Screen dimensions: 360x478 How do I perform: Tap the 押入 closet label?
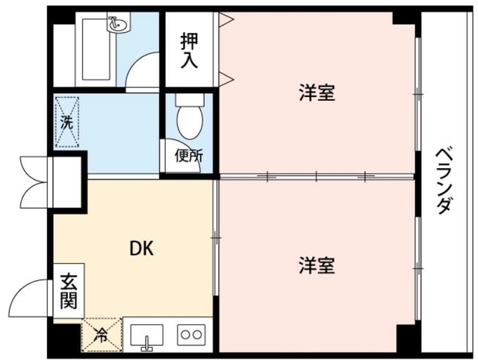pos(190,49)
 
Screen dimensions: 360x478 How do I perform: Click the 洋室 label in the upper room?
pos(316,93)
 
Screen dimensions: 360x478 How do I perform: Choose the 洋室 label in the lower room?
pos(316,264)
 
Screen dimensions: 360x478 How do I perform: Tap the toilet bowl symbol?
pos(187,120)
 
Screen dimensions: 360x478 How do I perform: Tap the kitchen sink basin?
pos(146,335)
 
